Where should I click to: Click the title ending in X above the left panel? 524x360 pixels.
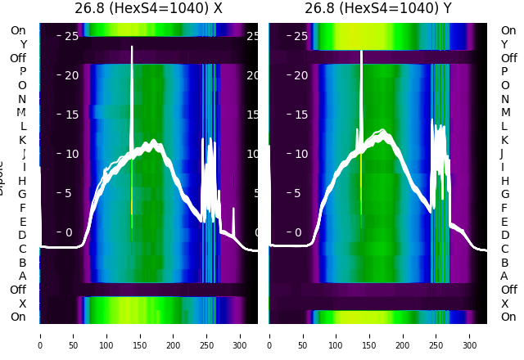pos(148,9)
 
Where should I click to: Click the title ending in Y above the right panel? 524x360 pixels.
pos(378,9)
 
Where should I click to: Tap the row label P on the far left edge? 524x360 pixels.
pos(23,72)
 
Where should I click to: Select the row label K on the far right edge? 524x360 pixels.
pos(504,140)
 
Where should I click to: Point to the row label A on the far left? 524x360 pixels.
pos(23,276)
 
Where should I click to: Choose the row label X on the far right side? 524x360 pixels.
pos(504,304)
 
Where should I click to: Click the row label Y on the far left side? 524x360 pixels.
pos(23,45)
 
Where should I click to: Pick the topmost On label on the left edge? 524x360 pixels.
pos(18,31)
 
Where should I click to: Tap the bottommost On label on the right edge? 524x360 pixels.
pos(508,317)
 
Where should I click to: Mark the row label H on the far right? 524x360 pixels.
pos(504,181)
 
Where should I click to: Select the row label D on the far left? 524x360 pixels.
pos(23,235)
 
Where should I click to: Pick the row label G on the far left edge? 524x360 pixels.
pos(23,194)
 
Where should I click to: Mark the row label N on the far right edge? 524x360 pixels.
pos(504,99)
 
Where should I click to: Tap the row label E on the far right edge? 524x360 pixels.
pos(504,222)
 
